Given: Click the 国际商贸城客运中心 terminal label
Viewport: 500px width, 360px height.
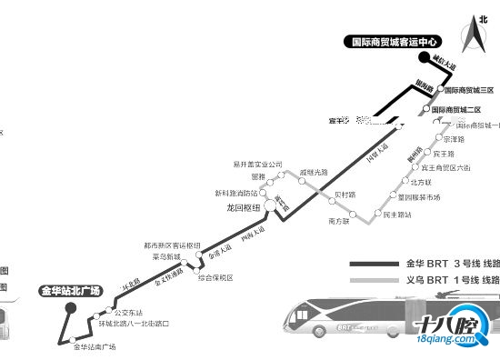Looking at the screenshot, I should tap(396, 41).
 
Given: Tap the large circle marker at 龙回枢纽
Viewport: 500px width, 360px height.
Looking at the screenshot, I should tap(270, 207).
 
